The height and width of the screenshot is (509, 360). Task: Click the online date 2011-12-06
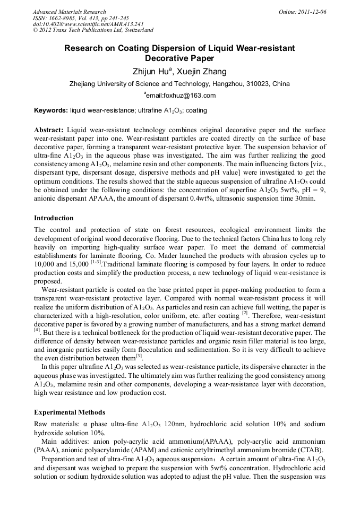pyautogui.click(x=312, y=12)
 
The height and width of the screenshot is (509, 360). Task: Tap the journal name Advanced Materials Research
pyautogui.click(x=69, y=12)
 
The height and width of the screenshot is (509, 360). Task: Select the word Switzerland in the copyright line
pyautogui.click(x=133, y=30)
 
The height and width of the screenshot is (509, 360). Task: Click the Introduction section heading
pyautogui.click(x=54, y=218)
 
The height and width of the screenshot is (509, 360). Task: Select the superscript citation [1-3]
pyautogui.click(x=96, y=263)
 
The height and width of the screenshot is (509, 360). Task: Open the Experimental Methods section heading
pyautogui.click(x=70, y=412)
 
